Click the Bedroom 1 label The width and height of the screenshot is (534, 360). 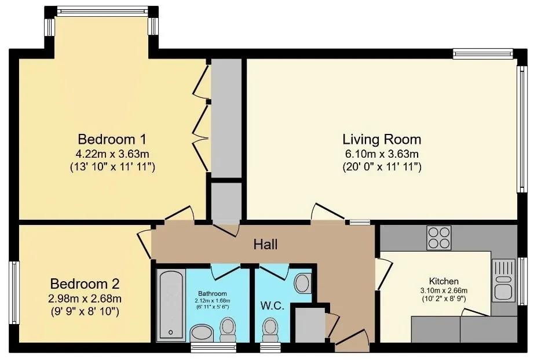[x=112, y=139]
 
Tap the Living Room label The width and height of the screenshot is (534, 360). [x=382, y=140]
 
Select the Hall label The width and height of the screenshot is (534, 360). [x=266, y=244]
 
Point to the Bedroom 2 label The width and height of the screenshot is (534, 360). [x=85, y=283]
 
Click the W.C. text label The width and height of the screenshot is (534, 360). [x=272, y=306]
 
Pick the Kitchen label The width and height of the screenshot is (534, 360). [x=444, y=281]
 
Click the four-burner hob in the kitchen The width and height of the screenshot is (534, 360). [x=439, y=238]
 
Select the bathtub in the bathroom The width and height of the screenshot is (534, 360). [x=171, y=305]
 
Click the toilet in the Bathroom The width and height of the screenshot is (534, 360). [x=228, y=330]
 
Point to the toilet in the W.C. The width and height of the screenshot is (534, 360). [x=270, y=330]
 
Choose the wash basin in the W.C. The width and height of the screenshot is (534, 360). [x=302, y=283]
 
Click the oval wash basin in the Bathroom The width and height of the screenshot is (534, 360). [x=202, y=333]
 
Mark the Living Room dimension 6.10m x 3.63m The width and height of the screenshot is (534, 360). [x=382, y=154]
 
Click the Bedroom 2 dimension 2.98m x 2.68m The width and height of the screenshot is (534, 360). [x=85, y=299]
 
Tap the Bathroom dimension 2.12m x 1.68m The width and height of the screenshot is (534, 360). [x=213, y=301]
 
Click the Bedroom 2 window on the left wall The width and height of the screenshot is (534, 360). [x=14, y=293]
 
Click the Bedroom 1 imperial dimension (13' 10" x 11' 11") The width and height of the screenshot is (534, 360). [x=112, y=168]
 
